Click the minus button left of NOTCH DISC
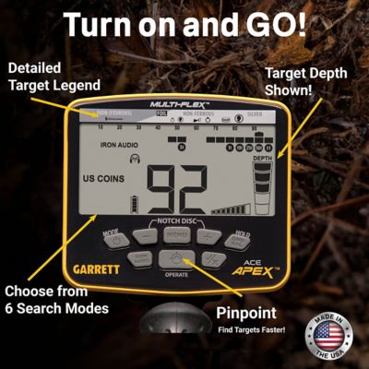145,237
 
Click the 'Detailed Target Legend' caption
51,77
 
